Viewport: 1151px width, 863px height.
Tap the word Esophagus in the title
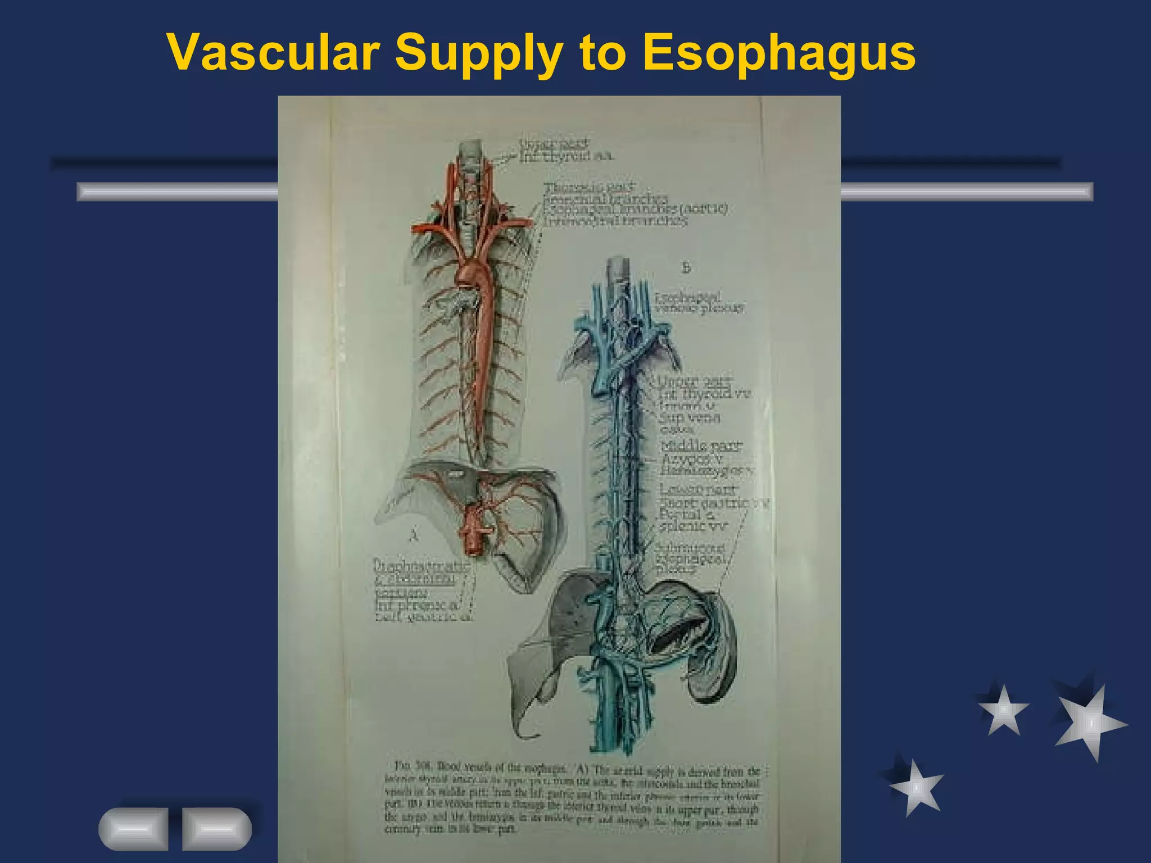(779, 53)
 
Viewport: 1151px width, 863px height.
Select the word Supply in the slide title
(478, 53)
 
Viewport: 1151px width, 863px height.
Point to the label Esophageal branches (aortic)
(635, 209)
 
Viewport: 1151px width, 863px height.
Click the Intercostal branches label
(615, 221)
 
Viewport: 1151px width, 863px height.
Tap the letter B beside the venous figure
(686, 268)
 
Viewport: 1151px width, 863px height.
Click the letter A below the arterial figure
(414, 535)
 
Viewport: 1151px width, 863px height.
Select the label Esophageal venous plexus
(700, 302)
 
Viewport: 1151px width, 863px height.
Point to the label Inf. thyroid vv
(705, 393)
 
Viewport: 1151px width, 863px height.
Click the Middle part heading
(701, 446)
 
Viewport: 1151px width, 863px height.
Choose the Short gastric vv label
(714, 503)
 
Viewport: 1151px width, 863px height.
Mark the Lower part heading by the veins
(697, 489)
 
